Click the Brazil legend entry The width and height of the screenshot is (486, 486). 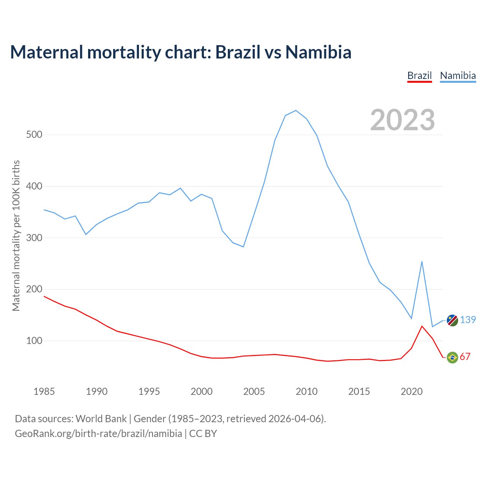pyautogui.click(x=420, y=76)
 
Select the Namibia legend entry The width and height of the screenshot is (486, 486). pyautogui.click(x=458, y=76)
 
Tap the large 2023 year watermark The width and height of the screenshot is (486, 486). pyautogui.click(x=402, y=120)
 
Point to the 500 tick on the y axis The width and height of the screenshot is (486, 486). pyautogui.click(x=34, y=135)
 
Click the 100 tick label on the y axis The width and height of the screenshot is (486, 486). pyautogui.click(x=34, y=341)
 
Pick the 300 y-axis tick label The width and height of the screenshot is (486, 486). pyautogui.click(x=34, y=238)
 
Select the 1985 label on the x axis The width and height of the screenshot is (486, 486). pyautogui.click(x=44, y=391)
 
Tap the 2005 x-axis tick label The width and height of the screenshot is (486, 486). pyautogui.click(x=254, y=391)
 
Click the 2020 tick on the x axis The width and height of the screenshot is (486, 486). pyautogui.click(x=412, y=391)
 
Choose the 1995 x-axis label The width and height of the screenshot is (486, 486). pyautogui.click(x=149, y=391)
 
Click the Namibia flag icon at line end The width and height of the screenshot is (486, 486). pyautogui.click(x=452, y=320)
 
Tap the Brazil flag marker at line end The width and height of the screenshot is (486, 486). pyautogui.click(x=452, y=357)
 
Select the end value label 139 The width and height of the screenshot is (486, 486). pyautogui.click(x=468, y=320)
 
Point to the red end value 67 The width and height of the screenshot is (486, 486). pyautogui.click(x=465, y=357)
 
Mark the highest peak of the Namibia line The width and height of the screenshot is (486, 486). pyautogui.click(x=296, y=110)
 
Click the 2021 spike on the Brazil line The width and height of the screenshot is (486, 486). pyautogui.click(x=422, y=326)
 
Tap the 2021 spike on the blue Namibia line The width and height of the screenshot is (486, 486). pyautogui.click(x=422, y=262)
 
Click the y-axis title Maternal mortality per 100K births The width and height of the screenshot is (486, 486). pyautogui.click(x=16, y=235)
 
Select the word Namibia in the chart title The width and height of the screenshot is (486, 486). pyautogui.click(x=318, y=52)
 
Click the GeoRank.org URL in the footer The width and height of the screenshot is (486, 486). pyautogui.click(x=98, y=434)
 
